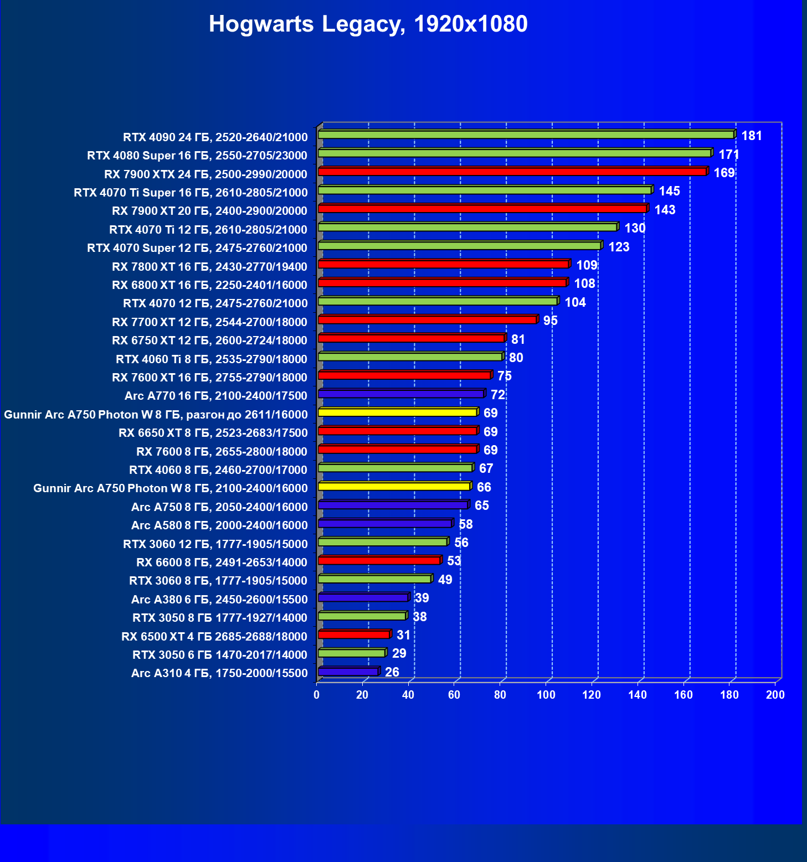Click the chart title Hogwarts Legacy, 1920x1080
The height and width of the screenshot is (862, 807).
coord(368,24)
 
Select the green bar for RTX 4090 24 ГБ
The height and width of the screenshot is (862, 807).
coord(526,135)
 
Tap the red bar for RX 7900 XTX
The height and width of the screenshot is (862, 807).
coord(512,172)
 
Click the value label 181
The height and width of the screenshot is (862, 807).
coord(752,136)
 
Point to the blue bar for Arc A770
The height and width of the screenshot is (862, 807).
coord(401,394)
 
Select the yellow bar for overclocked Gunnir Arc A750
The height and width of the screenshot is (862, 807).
coord(398,412)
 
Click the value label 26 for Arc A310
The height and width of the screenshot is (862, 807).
coord(392,672)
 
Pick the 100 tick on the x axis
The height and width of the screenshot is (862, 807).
coord(546,695)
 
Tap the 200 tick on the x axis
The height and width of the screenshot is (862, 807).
coord(775,695)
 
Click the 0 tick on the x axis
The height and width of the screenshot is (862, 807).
coord(317,695)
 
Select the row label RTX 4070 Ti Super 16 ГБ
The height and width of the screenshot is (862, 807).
coord(191,193)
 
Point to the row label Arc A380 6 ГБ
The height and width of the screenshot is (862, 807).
coord(219,600)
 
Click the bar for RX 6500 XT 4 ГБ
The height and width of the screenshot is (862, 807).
coord(354,634)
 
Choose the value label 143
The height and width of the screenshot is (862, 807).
coord(665,210)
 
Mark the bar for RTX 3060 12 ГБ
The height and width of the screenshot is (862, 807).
coord(383,541)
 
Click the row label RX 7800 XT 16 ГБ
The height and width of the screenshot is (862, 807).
coord(209,267)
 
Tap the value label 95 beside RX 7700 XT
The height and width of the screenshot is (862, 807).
coord(550,321)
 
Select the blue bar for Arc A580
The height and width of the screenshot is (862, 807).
coord(385,523)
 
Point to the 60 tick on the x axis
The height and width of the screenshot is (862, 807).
coord(454,695)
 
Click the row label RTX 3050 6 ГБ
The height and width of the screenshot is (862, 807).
coord(220,655)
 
